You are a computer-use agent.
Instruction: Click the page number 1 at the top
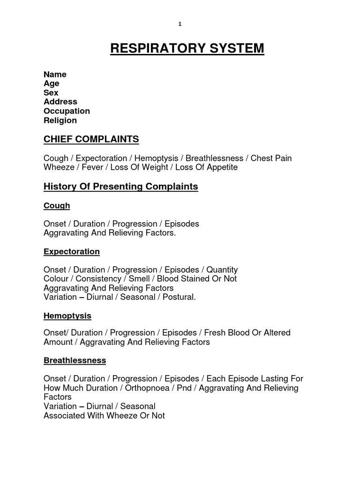[x=180, y=25]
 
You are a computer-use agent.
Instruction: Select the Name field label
[x=55, y=74]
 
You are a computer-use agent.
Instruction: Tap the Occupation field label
[x=67, y=111]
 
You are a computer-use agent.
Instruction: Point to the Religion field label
[x=60, y=120]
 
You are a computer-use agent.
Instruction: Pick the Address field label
[x=60, y=102]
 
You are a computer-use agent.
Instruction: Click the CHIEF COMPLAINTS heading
[x=91, y=139]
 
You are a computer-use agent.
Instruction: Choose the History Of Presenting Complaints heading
[x=120, y=187]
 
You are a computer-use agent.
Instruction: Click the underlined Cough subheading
[x=57, y=205]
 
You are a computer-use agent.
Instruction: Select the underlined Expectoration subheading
[x=71, y=252]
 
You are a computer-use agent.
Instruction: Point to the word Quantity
[x=222, y=270]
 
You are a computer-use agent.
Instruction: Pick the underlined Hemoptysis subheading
[x=67, y=315]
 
